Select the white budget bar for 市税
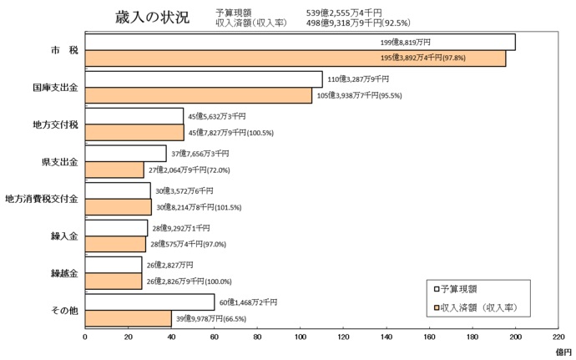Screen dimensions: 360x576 tap(300, 42)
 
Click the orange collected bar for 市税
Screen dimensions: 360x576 tap(295, 58)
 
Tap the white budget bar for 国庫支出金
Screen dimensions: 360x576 tap(203, 79)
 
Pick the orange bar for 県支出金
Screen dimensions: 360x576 tap(114, 170)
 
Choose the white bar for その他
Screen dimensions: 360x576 tap(149, 302)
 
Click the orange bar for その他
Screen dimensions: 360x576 tap(128, 318)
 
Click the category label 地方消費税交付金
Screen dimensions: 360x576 tap(42, 199)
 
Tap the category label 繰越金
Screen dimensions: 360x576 tap(64, 273)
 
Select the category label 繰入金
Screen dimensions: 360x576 tap(64, 236)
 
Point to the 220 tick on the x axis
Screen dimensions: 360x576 tap(558, 337)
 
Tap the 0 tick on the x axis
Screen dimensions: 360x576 tap(85, 337)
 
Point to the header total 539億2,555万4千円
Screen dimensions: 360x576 tap(367, 13)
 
